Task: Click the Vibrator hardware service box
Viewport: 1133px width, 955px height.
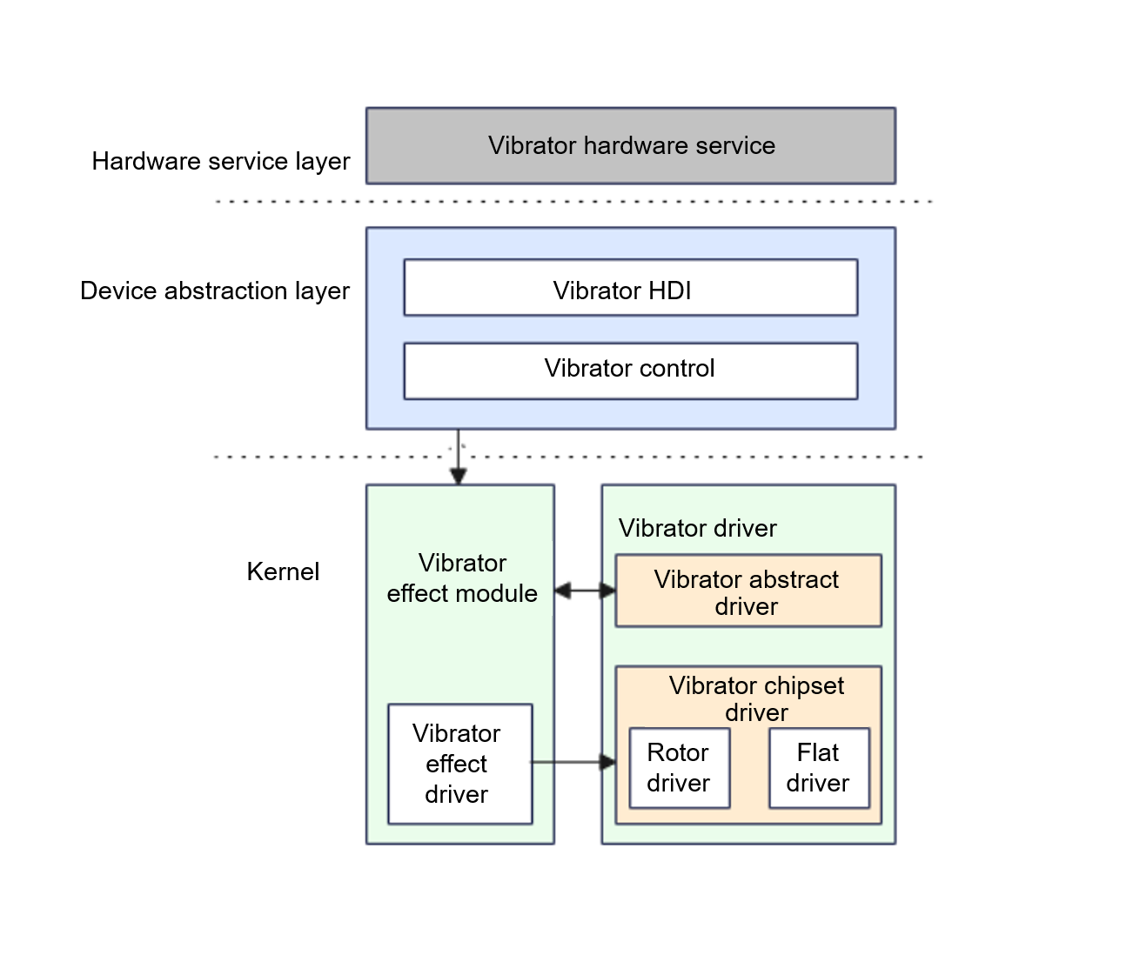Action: coord(630,145)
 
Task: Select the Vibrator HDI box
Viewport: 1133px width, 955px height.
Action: coord(630,288)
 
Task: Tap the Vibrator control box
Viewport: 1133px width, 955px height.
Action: coord(630,371)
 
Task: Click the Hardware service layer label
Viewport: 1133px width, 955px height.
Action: coord(221,161)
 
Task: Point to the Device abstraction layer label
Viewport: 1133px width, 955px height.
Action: coord(215,291)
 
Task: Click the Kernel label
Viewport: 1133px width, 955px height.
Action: coord(283,571)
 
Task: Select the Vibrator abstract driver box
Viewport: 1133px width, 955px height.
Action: coord(748,591)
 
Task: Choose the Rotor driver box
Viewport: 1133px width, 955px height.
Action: coord(679,768)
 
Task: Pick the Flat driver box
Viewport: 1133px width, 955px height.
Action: coord(818,768)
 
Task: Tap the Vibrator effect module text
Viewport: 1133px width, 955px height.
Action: coord(462,578)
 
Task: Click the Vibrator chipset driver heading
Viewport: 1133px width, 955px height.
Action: coord(756,698)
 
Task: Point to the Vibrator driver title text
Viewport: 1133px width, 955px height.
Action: coord(697,528)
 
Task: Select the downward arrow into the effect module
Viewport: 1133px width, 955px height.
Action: coord(459,457)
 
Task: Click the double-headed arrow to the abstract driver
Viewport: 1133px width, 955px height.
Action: coord(585,591)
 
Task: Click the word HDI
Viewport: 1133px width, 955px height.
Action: coord(669,291)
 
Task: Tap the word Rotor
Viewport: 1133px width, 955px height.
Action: coord(678,752)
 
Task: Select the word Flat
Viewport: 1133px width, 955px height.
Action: coord(818,752)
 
